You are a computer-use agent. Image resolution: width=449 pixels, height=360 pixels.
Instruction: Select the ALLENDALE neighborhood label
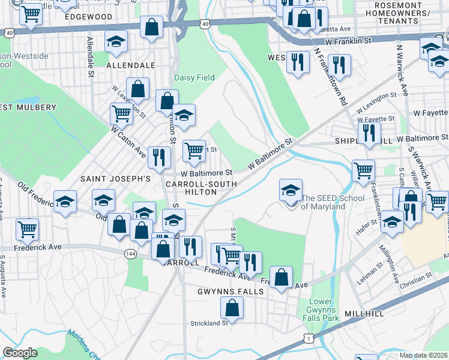click(x=130, y=65)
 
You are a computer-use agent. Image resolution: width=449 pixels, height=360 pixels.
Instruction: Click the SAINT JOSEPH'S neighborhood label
click(x=115, y=179)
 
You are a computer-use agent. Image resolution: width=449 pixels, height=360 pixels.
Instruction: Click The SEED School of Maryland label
click(x=323, y=202)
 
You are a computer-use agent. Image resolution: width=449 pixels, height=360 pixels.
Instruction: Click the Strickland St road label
click(x=208, y=323)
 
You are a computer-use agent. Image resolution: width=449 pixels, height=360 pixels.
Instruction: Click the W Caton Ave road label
click(x=127, y=139)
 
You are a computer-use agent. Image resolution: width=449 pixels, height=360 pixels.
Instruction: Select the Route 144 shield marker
click(x=130, y=254)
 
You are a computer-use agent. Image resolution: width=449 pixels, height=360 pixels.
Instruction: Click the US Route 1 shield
click(x=309, y=339)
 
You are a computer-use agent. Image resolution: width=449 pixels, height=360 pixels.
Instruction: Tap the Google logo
click(x=20, y=353)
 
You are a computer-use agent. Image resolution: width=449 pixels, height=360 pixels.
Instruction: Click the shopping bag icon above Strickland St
click(x=232, y=307)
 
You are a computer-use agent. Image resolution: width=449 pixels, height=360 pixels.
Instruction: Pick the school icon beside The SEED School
click(x=291, y=191)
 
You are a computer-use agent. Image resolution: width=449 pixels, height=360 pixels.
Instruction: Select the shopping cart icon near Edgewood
click(x=31, y=13)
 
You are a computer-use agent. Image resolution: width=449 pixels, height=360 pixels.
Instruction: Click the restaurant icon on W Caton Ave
click(x=159, y=157)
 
